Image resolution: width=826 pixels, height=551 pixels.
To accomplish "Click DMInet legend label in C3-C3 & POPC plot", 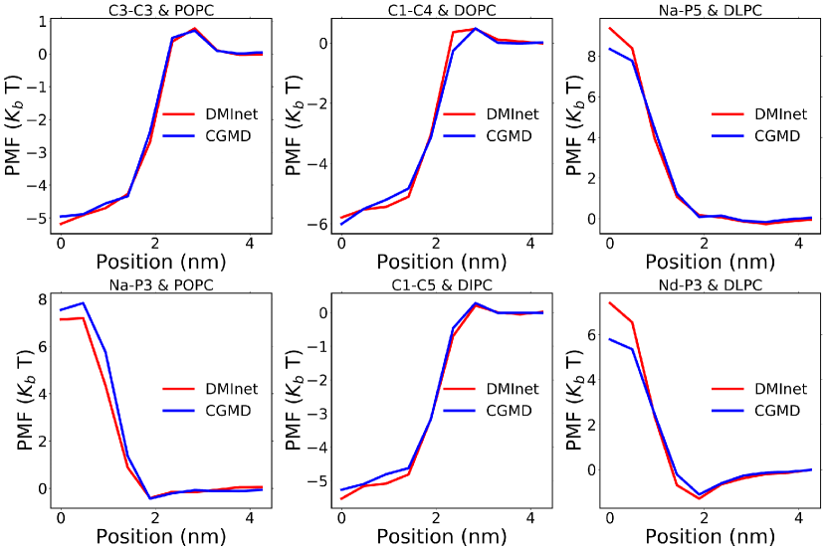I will [236, 114].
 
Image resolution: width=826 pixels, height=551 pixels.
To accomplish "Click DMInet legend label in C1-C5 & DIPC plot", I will [514, 388].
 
